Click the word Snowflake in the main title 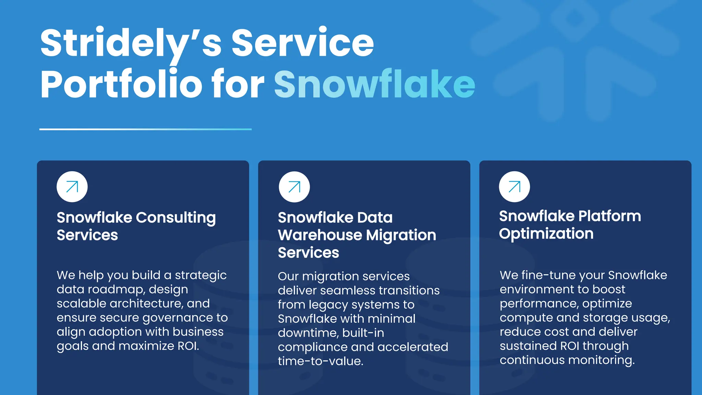[x=374, y=84]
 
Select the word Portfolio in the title [x=122, y=84]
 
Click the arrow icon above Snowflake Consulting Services [x=72, y=187]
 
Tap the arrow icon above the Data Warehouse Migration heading [x=294, y=187]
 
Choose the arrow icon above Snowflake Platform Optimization [x=514, y=187]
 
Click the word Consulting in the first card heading [x=176, y=218]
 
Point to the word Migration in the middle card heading [x=401, y=235]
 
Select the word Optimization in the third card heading [x=546, y=234]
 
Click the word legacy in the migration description [x=328, y=305]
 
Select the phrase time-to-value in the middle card [x=320, y=361]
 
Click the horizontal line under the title [x=145, y=129]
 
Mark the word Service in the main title [x=302, y=43]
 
